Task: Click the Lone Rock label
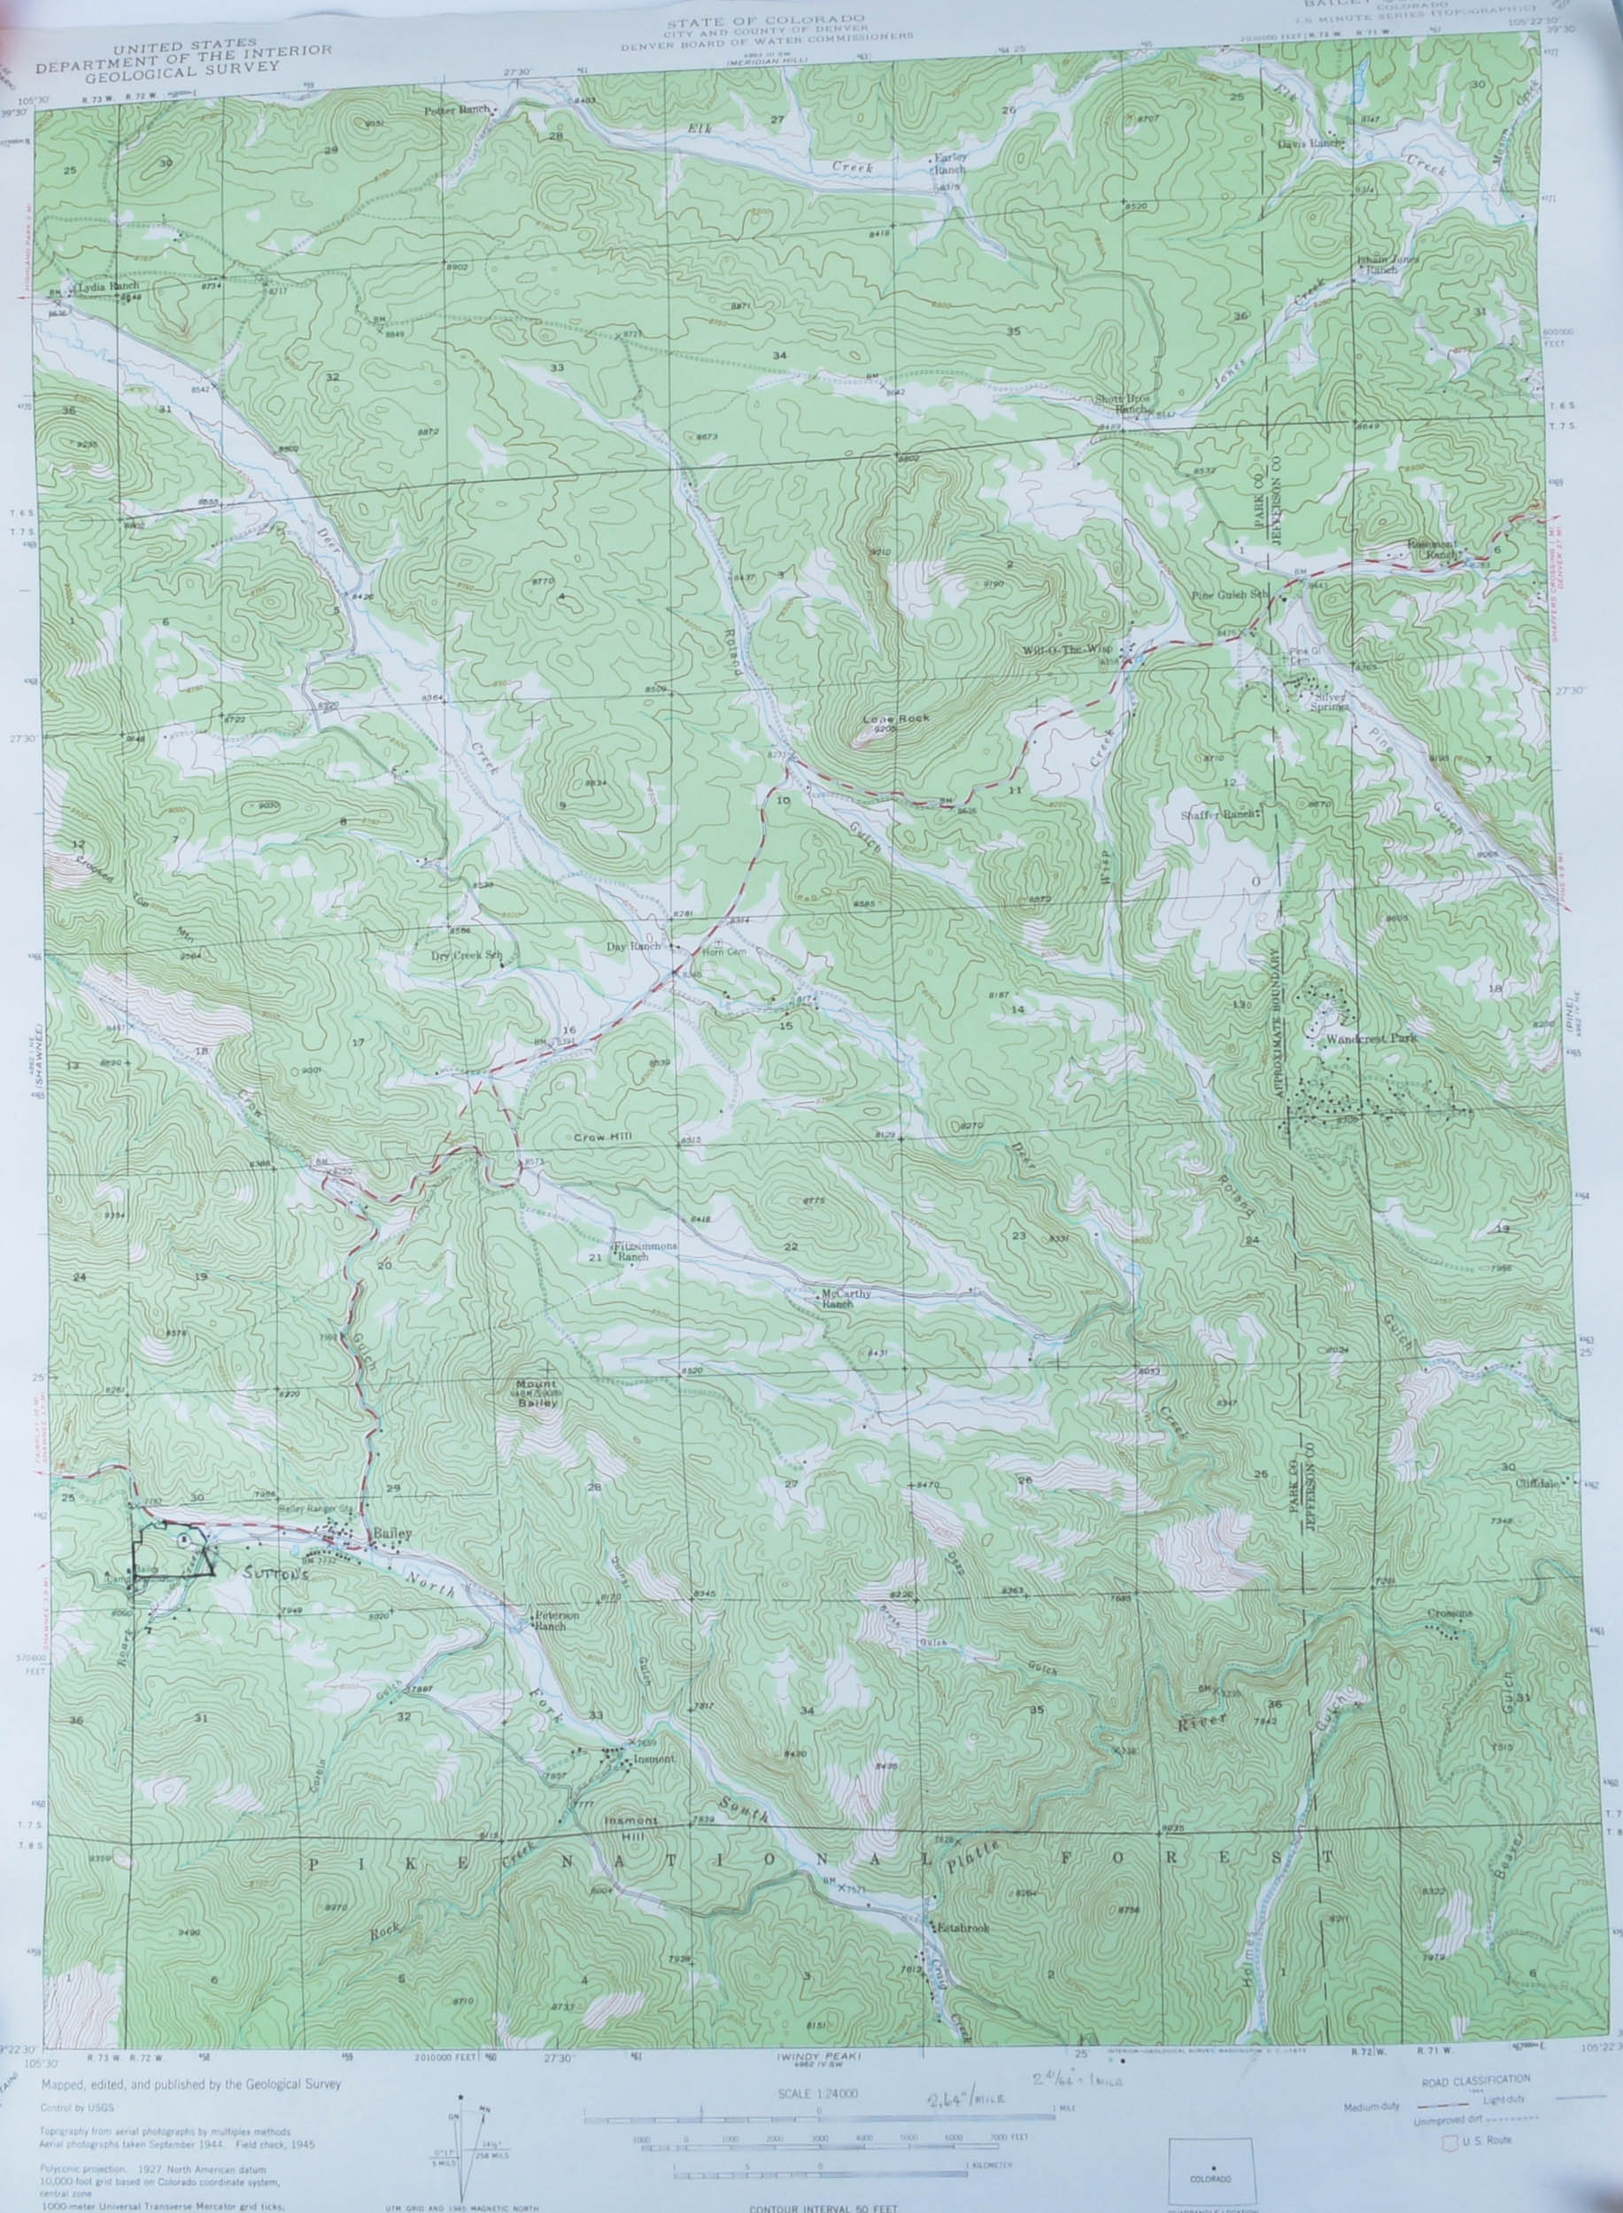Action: [x=882, y=718]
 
